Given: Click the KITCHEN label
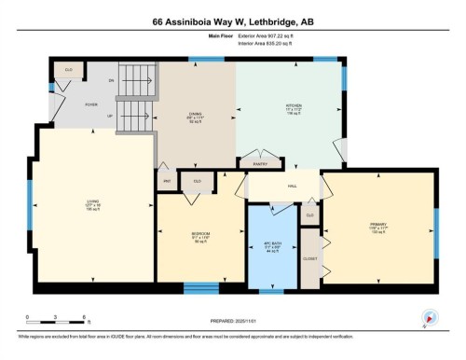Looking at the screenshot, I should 293,105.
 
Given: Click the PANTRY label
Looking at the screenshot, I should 261,163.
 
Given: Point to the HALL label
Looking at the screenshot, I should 292,187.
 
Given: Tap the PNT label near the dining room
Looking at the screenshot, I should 166,180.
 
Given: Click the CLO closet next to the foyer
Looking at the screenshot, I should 69,69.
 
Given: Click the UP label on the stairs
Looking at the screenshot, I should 137,116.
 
